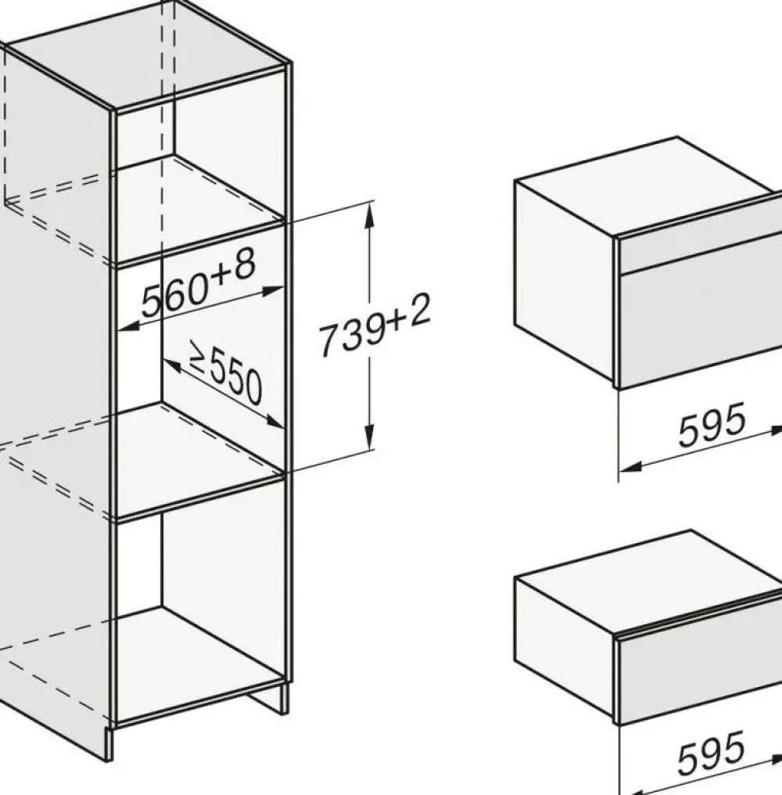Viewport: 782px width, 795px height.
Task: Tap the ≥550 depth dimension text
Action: click(x=225, y=372)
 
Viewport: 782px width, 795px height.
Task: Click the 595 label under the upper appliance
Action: click(x=712, y=425)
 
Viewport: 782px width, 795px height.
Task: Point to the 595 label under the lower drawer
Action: click(x=712, y=753)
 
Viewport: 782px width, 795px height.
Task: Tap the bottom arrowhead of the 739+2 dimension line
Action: click(x=370, y=436)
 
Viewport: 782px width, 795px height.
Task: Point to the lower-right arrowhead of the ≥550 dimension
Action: click(x=274, y=422)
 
